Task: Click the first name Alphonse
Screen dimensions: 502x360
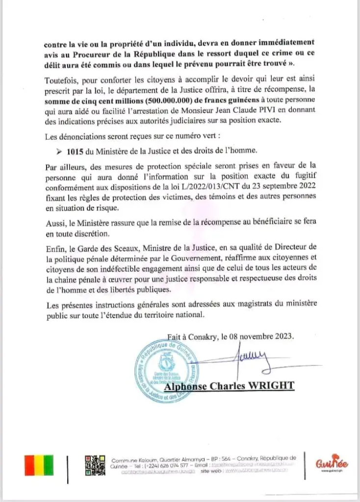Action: (188, 386)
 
